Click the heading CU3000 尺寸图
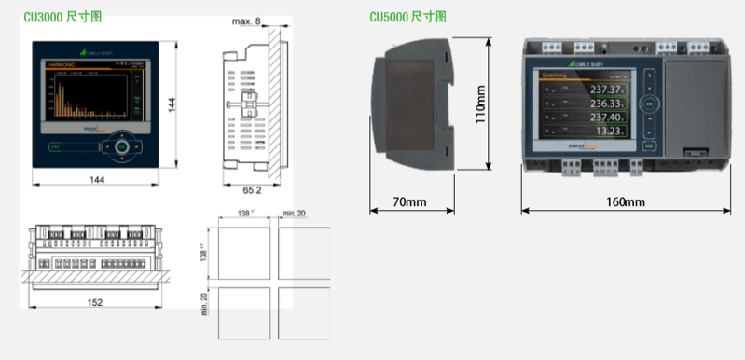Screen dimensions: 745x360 [x=63, y=18]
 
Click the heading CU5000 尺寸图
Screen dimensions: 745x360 [x=407, y=18]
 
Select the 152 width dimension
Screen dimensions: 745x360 [x=95, y=301]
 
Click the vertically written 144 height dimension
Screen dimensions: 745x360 [x=172, y=104]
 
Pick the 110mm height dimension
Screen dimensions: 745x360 [x=480, y=104]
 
